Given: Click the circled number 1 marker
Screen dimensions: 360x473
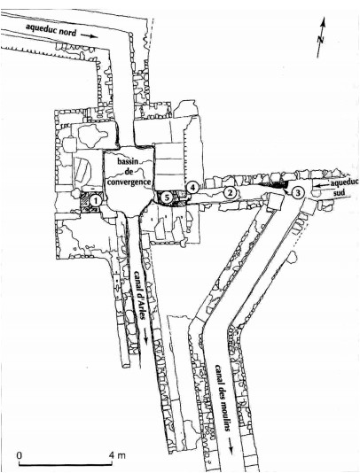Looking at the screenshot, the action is (x=95, y=199).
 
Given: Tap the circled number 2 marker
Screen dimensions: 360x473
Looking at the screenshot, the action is (x=230, y=192).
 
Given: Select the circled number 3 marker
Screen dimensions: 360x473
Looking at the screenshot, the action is (x=297, y=192).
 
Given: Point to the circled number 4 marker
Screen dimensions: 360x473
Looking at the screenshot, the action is (x=192, y=187).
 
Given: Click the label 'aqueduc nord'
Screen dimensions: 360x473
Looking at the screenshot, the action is (x=51, y=30).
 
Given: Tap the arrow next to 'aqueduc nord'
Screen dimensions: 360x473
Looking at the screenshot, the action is (x=90, y=36).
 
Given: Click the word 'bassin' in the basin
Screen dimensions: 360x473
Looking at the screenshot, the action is (x=128, y=161).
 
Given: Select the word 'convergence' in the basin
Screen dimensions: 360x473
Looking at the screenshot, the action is (x=129, y=182).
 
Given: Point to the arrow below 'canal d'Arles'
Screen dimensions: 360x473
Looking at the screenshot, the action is (x=146, y=335).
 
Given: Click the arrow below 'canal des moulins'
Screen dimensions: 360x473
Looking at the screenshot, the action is (x=231, y=446).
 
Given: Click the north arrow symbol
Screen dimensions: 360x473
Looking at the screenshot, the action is (x=321, y=37).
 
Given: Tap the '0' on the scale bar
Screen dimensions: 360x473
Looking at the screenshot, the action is (x=20, y=454).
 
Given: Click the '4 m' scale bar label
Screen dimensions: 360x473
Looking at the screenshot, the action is (x=117, y=454).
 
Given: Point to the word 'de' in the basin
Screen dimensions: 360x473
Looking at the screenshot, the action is (x=130, y=172).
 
